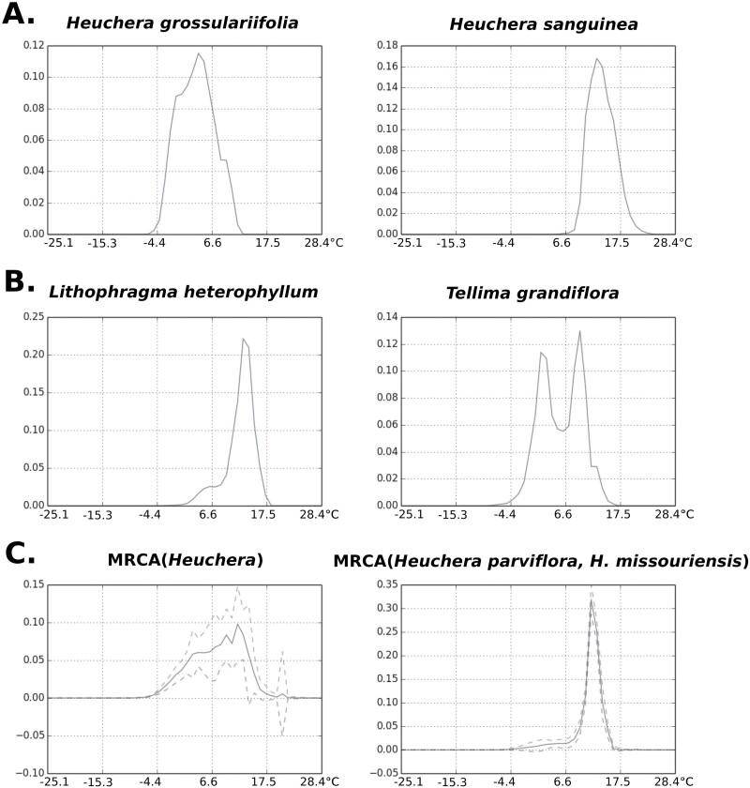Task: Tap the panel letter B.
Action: click(22, 281)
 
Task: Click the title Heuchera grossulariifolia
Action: click(182, 23)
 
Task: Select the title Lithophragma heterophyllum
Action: click(184, 292)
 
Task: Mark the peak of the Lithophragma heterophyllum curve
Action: click(243, 339)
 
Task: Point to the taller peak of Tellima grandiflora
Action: click(580, 331)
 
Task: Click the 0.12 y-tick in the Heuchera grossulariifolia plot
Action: click(31, 45)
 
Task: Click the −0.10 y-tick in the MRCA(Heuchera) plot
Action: click(27, 773)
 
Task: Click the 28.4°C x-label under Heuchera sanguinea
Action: click(673, 242)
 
